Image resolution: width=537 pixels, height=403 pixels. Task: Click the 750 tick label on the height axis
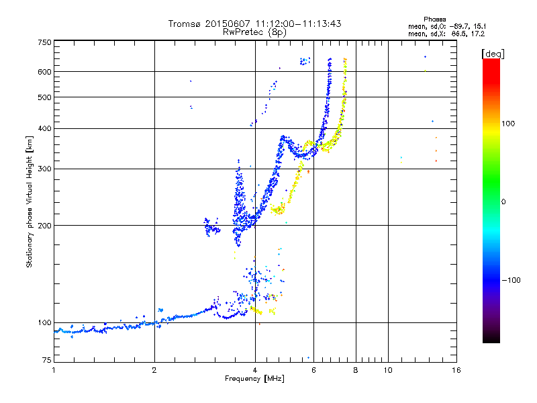point(44,42)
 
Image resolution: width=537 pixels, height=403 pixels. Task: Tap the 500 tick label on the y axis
point(44,97)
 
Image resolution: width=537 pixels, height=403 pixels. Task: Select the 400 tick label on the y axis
point(44,128)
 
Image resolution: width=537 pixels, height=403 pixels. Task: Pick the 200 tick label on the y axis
point(44,226)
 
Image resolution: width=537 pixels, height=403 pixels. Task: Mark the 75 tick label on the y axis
point(46,361)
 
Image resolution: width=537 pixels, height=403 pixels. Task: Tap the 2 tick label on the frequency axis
point(154,370)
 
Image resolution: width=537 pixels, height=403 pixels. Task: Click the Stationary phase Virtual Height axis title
point(30,201)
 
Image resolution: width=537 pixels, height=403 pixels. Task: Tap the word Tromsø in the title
point(185,24)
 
